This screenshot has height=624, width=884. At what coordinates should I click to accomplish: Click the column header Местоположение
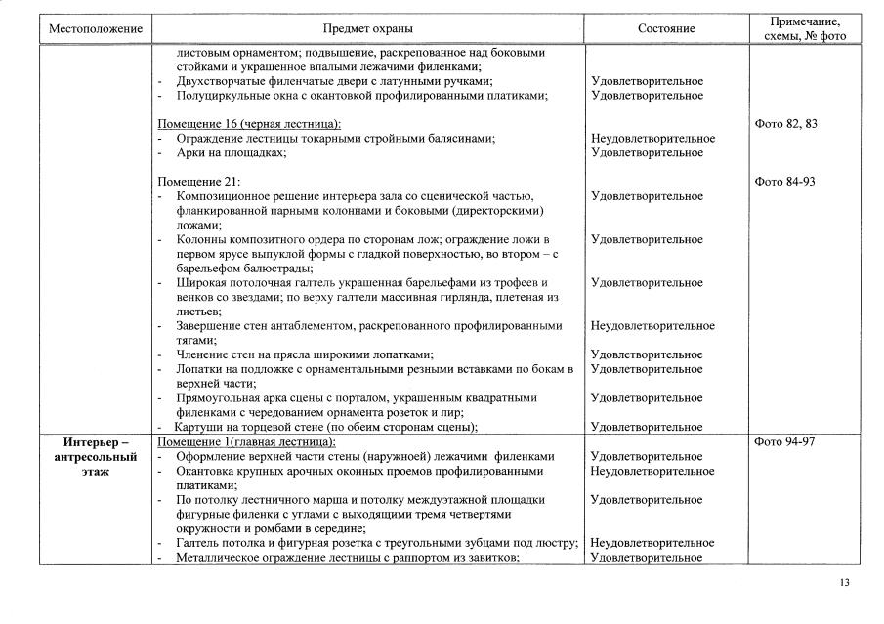pos(96,29)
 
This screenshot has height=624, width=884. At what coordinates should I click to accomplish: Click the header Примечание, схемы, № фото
pos(805,28)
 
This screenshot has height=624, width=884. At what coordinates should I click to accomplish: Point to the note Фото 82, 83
pos(786,124)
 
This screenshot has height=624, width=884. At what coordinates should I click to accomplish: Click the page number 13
pos(844,583)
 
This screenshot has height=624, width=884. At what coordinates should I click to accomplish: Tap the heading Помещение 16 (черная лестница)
pos(249,124)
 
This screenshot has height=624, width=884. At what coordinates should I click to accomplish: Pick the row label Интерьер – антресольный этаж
pos(96,456)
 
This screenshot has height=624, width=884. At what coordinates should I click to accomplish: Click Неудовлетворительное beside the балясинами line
pos(652,139)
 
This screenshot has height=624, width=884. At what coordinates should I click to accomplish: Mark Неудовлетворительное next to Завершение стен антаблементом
pos(652,326)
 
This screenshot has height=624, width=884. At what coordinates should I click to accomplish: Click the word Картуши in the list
pos(198,427)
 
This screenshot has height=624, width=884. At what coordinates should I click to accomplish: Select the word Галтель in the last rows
pos(197,543)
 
